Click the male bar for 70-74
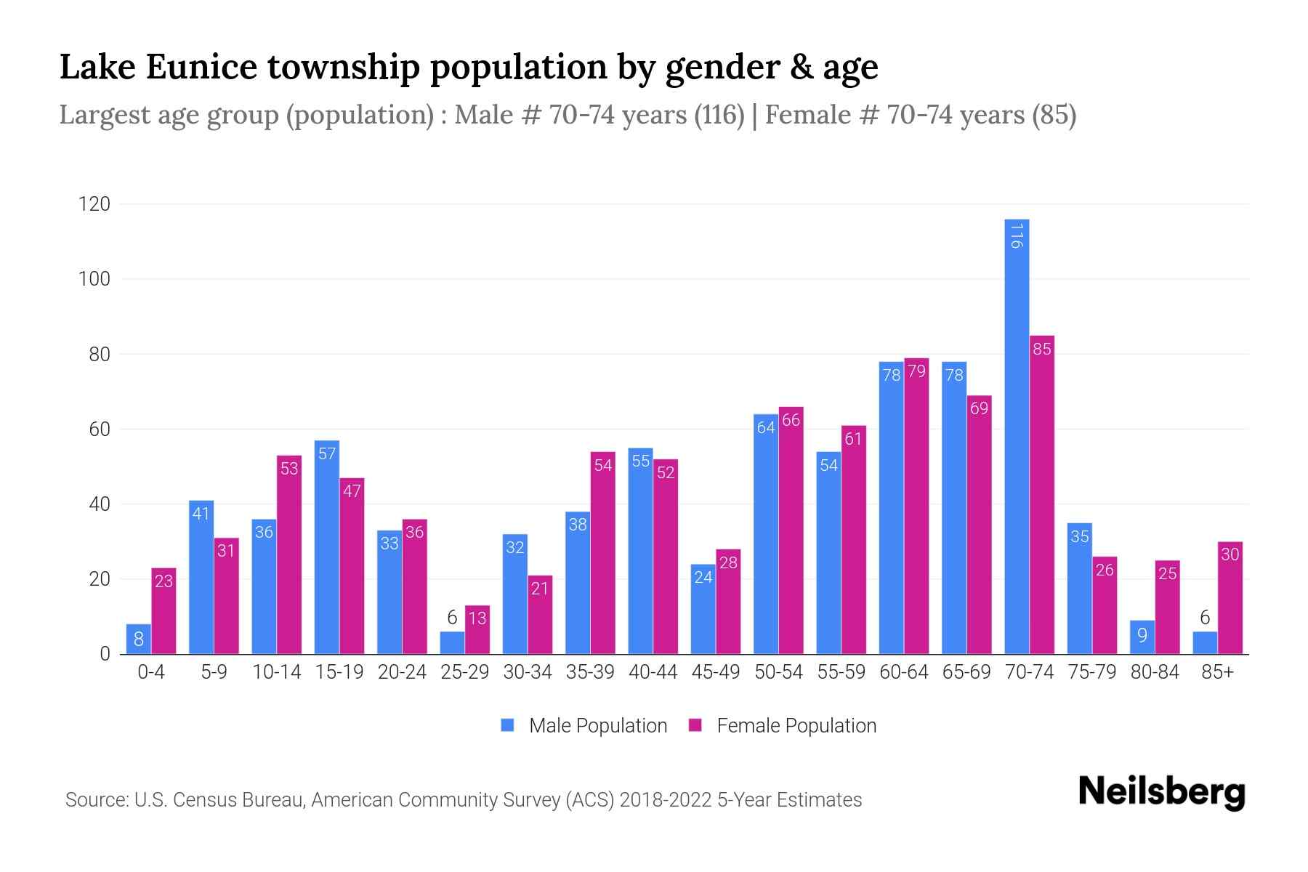(1017, 436)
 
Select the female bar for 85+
(1230, 598)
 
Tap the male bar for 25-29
(452, 643)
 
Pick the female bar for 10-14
(289, 554)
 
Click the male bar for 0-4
(138, 639)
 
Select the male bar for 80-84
(1142, 637)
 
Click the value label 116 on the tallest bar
(1017, 235)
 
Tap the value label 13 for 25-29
(477, 618)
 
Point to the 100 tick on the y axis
(94, 279)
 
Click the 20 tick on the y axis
(99, 579)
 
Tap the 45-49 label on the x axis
(716, 672)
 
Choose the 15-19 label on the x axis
(339, 672)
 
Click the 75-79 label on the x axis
(1091, 672)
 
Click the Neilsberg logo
(1161, 791)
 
